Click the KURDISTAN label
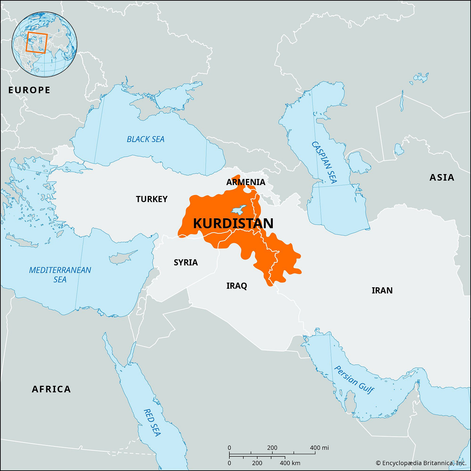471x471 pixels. tap(233, 224)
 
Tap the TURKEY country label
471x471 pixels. tap(152, 199)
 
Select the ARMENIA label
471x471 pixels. tap(246, 182)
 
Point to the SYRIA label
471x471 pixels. tap(186, 262)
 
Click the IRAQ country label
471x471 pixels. tap(236, 286)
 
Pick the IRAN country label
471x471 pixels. tap(382, 290)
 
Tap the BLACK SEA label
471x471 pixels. tap(146, 139)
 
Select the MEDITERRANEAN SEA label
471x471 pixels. tap(60, 275)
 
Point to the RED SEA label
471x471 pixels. tap(152, 422)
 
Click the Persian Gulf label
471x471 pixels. tap(354, 379)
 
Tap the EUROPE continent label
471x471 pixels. tap(29, 90)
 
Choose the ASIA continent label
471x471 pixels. tap(442, 177)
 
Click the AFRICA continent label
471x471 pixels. tap(51, 389)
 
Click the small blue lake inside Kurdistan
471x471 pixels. tap(238, 210)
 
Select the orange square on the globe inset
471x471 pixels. tap(37, 42)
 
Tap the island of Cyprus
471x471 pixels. tap(121, 257)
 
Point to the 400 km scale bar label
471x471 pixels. tap(290, 463)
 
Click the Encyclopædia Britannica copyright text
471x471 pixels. tap(421, 463)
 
